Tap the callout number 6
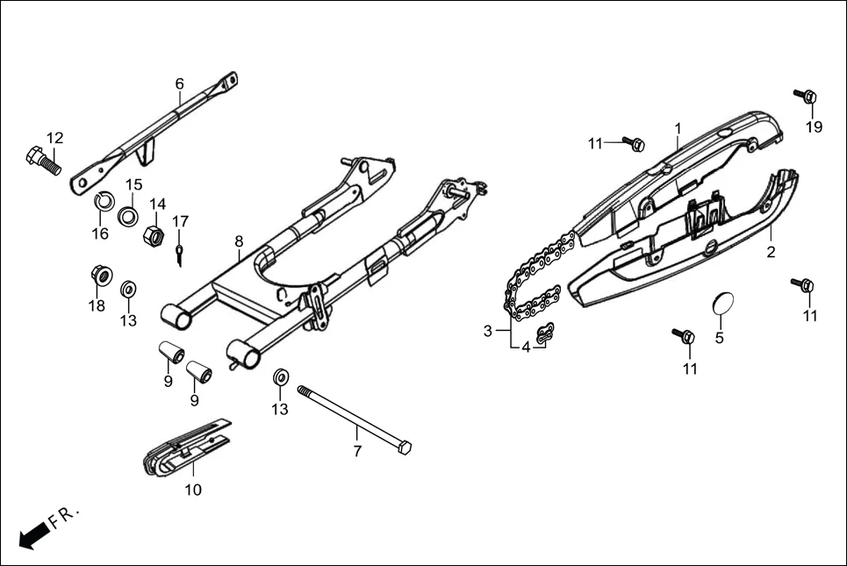point(180,84)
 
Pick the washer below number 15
point(128,214)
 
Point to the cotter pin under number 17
point(179,254)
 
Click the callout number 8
point(238,240)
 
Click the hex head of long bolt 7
point(405,448)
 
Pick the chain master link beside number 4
point(545,333)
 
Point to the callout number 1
point(678,128)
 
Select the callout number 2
point(772,253)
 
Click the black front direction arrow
point(33,534)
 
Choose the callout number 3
point(488,331)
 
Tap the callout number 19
point(815,127)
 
